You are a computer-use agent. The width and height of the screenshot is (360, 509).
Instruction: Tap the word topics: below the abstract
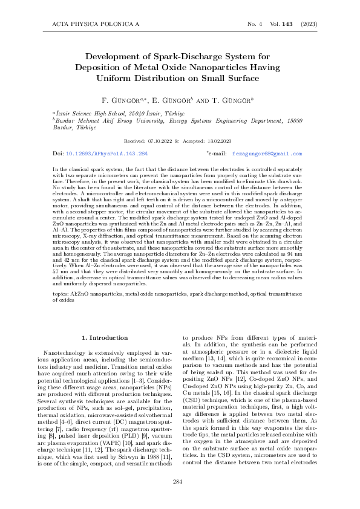[x=61, y=293]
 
